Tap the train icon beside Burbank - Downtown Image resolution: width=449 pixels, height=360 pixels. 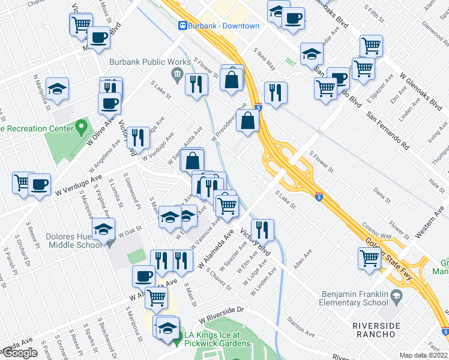pos(182,26)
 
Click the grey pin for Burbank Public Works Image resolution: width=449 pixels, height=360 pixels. pos(177,74)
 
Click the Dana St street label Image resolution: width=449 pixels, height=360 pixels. pos(382,195)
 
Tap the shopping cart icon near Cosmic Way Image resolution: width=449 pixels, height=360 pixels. pos(370,259)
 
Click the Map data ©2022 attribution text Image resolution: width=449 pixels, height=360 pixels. pos(424,355)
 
